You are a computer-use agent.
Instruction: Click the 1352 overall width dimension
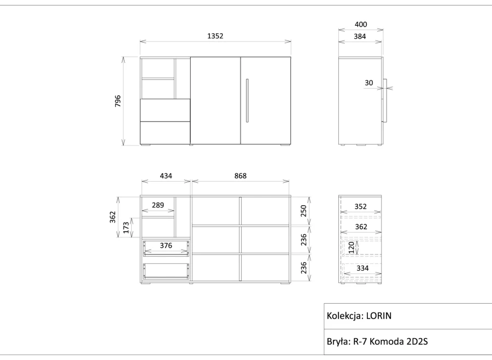tap(215, 36)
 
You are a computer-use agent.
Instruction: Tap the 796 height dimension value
tap(118, 101)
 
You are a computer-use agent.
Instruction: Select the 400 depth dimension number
tap(361, 25)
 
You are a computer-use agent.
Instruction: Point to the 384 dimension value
tap(360, 37)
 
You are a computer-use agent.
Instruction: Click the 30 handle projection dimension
tap(368, 83)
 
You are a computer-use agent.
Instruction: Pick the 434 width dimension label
tap(166, 176)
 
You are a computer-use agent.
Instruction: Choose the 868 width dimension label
tap(241, 176)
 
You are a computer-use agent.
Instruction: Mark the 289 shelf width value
tap(158, 205)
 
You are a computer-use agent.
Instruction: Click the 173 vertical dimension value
tap(126, 228)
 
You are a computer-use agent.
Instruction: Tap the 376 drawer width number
tap(166, 245)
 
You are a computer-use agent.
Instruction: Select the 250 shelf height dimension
tap(303, 211)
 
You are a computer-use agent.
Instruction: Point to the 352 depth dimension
tap(361, 206)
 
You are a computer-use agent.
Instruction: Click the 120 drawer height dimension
tap(352, 247)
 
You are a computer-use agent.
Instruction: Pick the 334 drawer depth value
tap(362, 268)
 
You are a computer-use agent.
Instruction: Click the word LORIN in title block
tap(379, 316)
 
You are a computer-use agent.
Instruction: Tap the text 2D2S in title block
tap(417, 341)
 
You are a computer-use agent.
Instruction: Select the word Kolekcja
tap(345, 316)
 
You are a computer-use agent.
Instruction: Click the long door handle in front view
tap(247, 100)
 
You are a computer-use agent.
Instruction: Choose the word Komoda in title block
tap(386, 341)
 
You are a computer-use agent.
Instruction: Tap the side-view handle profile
tap(384, 100)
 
